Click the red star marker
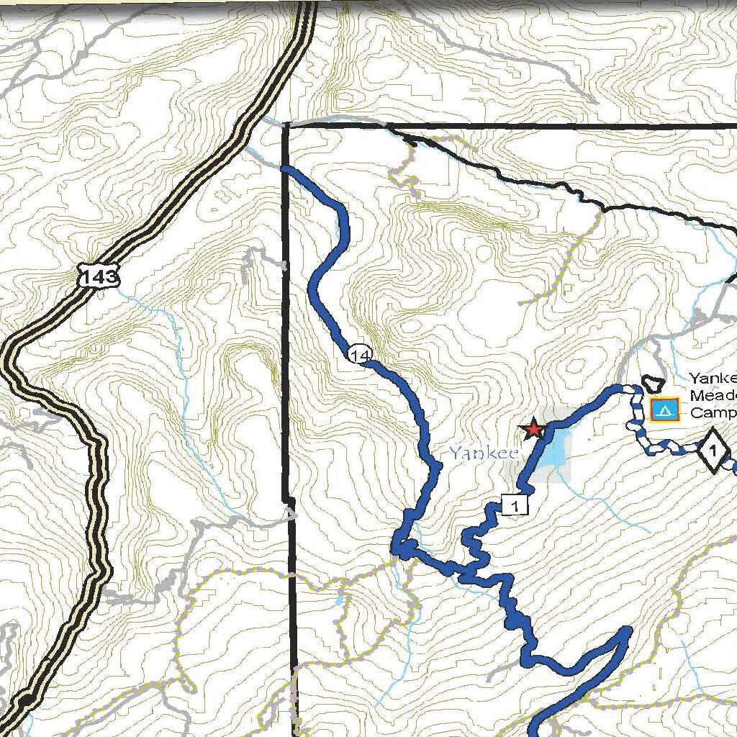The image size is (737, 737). coord(533,430)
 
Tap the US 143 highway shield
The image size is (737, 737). coord(99,276)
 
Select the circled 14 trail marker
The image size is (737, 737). coord(360,354)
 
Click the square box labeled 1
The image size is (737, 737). coord(515,506)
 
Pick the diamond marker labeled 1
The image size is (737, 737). coord(712,452)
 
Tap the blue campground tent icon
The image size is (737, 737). coord(664,410)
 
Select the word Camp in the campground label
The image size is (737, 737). coord(713,413)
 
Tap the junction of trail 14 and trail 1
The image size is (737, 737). coord(402,551)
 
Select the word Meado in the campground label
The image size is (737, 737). coord(713,395)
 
